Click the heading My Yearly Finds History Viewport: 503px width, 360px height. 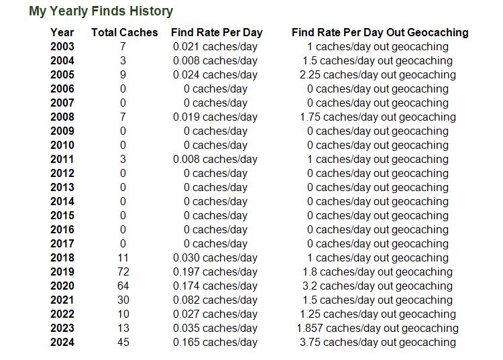click(101, 11)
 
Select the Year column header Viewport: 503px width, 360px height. click(62, 32)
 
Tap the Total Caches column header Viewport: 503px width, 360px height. click(125, 32)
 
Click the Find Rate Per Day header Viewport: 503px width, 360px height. click(217, 32)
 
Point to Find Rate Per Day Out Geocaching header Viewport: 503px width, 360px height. click(380, 32)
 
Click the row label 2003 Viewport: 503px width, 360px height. click(62, 46)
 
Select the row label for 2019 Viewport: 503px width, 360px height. click(62, 272)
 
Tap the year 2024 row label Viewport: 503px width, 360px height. click(62, 342)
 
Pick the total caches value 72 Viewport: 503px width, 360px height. click(123, 272)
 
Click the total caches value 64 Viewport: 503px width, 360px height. click(123, 286)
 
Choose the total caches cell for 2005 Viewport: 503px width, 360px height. click(123, 74)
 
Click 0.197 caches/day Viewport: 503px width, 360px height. click(215, 272)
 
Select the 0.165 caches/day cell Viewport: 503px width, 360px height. click(215, 342)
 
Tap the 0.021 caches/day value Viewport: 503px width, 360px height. click(215, 46)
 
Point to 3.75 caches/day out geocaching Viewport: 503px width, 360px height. click(378, 342)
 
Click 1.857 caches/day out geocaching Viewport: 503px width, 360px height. click(378, 328)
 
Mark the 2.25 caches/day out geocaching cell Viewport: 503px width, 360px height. click(378, 74)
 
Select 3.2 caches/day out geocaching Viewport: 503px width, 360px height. click(378, 286)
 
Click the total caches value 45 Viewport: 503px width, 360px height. click(123, 342)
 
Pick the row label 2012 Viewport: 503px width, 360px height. click(62, 174)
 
